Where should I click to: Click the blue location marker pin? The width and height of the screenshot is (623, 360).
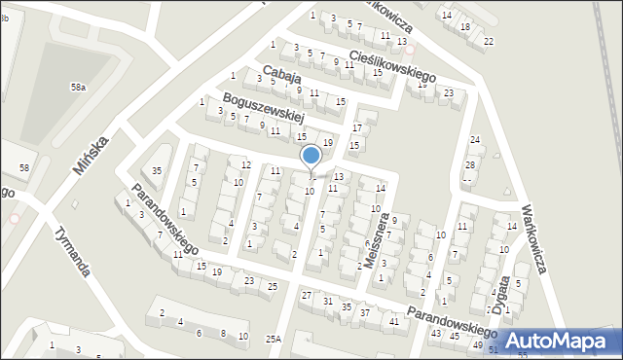tap(311, 157)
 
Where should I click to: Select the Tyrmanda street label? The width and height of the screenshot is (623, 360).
tap(73, 252)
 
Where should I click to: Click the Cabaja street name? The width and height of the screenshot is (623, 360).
tap(281, 75)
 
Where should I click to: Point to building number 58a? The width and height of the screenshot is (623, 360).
tap(78, 88)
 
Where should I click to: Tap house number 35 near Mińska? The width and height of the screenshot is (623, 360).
tap(157, 171)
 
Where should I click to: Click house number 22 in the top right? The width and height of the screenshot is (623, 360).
tap(489, 41)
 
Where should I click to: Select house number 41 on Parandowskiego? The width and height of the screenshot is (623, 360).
tap(393, 321)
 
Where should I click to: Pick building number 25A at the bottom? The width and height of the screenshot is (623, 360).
tap(274, 339)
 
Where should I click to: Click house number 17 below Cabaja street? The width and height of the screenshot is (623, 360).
tap(357, 127)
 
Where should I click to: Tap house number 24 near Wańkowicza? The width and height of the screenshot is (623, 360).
tap(474, 140)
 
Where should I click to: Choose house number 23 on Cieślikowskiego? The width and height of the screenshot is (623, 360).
tap(448, 92)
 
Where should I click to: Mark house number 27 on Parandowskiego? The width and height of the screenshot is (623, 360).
tap(307, 295)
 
